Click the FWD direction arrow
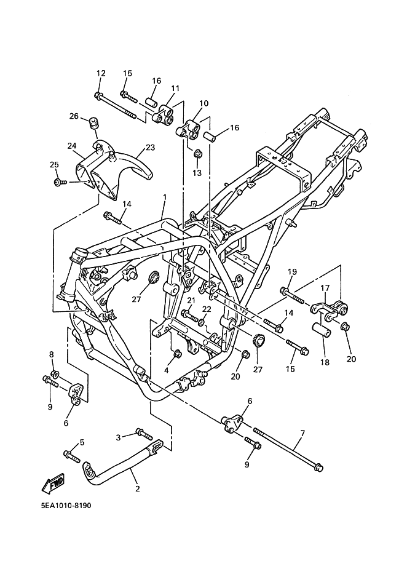point(53,483)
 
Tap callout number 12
point(101,73)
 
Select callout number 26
point(74,116)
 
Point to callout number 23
point(151,147)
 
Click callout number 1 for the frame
point(165,197)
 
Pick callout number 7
point(302,434)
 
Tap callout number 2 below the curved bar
point(138,488)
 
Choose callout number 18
point(325,362)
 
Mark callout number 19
point(292,271)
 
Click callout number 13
point(197,173)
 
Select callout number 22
point(207,309)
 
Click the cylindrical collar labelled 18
point(322,329)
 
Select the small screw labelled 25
point(59,181)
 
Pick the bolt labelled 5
point(72,456)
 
